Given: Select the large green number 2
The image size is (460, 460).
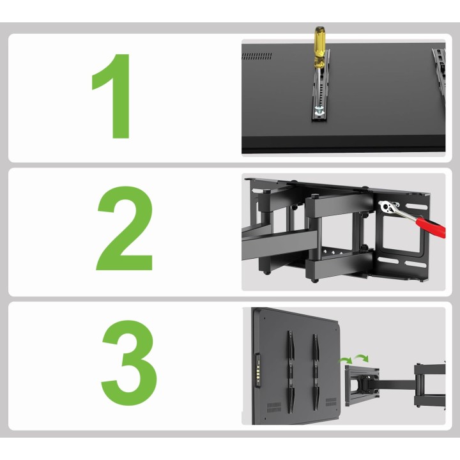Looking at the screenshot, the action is click(x=125, y=228).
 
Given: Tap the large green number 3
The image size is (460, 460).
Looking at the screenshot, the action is click(x=129, y=363).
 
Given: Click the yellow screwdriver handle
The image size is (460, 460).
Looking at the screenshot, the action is click(x=319, y=47).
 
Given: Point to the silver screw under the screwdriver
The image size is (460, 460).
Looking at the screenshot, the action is click(x=319, y=111).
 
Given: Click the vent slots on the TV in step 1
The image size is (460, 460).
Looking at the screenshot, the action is click(x=257, y=56).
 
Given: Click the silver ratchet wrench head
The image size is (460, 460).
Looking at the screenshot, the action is click(x=388, y=207).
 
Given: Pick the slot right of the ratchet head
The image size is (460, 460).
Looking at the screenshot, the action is click(x=417, y=207).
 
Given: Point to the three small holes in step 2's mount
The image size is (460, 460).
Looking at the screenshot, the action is click(x=332, y=252).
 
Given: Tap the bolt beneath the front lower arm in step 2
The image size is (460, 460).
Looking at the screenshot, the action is click(x=314, y=280).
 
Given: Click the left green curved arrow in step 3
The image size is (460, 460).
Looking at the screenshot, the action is click(x=346, y=360).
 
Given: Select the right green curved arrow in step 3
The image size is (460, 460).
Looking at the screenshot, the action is click(x=361, y=357).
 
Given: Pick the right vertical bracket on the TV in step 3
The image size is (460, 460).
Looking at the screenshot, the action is click(x=316, y=372).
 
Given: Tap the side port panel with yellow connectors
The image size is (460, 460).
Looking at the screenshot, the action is click(x=257, y=371).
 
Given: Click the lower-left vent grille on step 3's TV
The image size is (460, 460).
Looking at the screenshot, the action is click(x=274, y=407).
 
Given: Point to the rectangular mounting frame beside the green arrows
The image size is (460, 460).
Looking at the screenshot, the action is click(x=362, y=385).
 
